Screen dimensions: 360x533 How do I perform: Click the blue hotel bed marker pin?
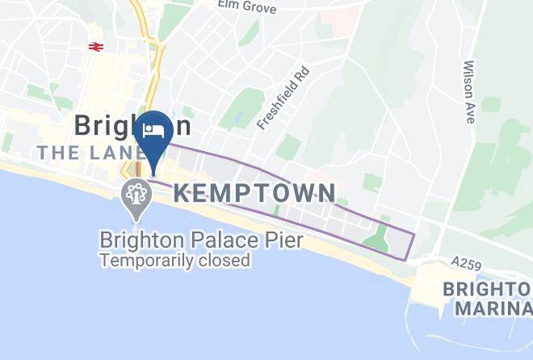click(153, 132)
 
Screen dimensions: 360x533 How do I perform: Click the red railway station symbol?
click(94, 47)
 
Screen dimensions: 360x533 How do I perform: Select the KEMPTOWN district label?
click(255, 193)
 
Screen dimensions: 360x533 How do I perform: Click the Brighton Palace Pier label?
click(201, 240)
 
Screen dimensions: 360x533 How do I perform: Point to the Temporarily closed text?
click(174, 260)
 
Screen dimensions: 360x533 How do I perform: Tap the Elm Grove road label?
click(247, 7)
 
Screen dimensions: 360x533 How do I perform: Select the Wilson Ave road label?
click(468, 91)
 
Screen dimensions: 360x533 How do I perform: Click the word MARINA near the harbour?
click(493, 308)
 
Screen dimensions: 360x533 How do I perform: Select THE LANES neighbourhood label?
click(88, 152)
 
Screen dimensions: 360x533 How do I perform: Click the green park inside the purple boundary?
click(376, 239)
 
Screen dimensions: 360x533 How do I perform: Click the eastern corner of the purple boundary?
click(413, 236)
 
